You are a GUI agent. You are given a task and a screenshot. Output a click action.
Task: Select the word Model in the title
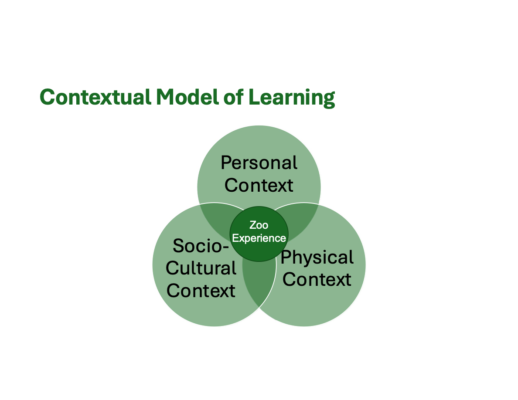click(187, 97)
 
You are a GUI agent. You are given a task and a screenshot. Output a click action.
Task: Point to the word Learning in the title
click(291, 98)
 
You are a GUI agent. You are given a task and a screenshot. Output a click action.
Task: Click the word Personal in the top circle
click(259, 163)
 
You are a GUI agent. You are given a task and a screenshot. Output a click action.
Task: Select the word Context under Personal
click(259, 185)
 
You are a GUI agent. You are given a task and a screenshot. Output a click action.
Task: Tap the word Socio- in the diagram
click(201, 246)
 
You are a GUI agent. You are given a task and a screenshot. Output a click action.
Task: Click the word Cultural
click(201, 268)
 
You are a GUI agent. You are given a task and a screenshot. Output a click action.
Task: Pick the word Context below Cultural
click(201, 291)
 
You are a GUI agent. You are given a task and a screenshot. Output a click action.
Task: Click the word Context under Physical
click(317, 280)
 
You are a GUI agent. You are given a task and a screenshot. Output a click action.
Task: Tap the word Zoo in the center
click(259, 225)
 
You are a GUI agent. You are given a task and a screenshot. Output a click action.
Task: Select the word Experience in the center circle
click(259, 238)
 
